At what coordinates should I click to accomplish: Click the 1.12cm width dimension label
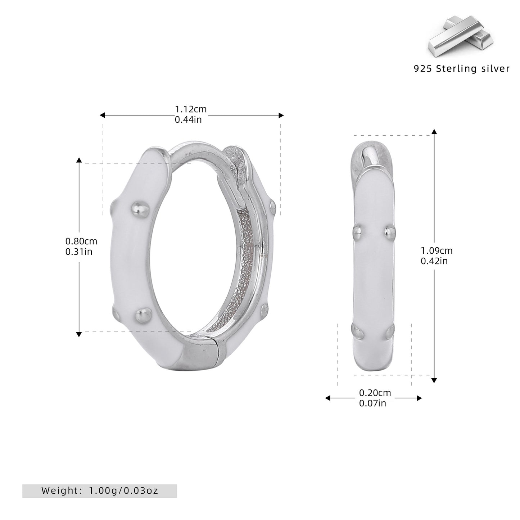[191, 109]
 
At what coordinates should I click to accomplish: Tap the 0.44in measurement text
[188, 119]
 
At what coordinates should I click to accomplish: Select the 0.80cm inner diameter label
[81, 241]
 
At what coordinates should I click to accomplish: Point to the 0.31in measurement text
[79, 252]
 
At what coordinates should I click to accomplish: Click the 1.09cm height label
[437, 251]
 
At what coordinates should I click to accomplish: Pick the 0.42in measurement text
[434, 261]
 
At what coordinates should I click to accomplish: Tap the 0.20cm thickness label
[375, 393]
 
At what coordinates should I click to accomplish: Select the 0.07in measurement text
[373, 403]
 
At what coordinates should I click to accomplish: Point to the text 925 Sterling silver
[462, 69]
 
